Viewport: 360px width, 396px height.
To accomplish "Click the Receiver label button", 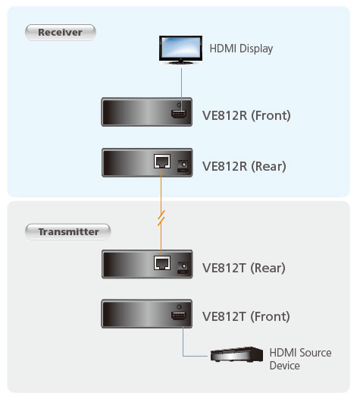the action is pyautogui.click(x=61, y=33).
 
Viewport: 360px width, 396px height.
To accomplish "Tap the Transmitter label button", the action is pyautogui.click(x=68, y=231).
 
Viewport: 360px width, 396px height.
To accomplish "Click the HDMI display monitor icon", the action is pyautogui.click(x=180, y=50).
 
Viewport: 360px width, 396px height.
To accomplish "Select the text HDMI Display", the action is pyautogui.click(x=241, y=49).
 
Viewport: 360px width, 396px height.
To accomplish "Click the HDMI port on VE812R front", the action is pyautogui.click(x=179, y=114).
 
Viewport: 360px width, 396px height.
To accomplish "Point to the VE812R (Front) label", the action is pyautogui.click(x=246, y=115).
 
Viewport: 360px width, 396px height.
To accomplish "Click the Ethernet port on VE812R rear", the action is pyautogui.click(x=162, y=162).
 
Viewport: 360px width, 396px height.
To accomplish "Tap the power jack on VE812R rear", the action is pyautogui.click(x=183, y=165).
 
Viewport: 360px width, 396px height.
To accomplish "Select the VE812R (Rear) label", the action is pyautogui.click(x=244, y=166).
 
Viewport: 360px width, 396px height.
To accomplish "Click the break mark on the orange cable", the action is pyautogui.click(x=161, y=218).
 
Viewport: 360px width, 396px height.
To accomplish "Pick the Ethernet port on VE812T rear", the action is pyautogui.click(x=162, y=262).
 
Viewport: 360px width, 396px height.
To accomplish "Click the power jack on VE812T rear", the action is pyautogui.click(x=183, y=268).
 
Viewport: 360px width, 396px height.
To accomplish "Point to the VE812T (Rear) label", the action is pyautogui.click(x=243, y=268).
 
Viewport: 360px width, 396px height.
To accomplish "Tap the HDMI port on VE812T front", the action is pyautogui.click(x=179, y=316).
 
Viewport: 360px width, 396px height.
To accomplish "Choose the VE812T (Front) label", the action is pyautogui.click(x=246, y=316).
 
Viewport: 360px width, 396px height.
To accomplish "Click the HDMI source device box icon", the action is pyautogui.click(x=236, y=355).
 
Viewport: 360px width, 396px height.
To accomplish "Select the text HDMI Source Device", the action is pyautogui.click(x=300, y=359).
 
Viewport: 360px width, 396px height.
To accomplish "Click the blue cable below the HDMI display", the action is pyautogui.click(x=181, y=90).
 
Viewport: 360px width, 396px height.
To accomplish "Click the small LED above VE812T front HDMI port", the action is pyautogui.click(x=179, y=306).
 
